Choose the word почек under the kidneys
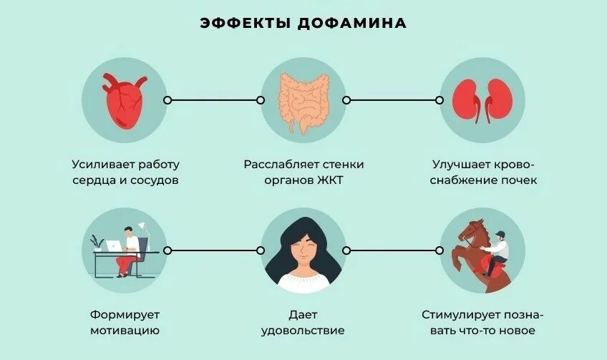click(x=518, y=180)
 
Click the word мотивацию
click(x=125, y=331)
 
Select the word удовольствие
click(x=303, y=331)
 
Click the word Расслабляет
click(x=276, y=164)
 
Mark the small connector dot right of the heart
click(x=167, y=100)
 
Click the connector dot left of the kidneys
click(x=439, y=100)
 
